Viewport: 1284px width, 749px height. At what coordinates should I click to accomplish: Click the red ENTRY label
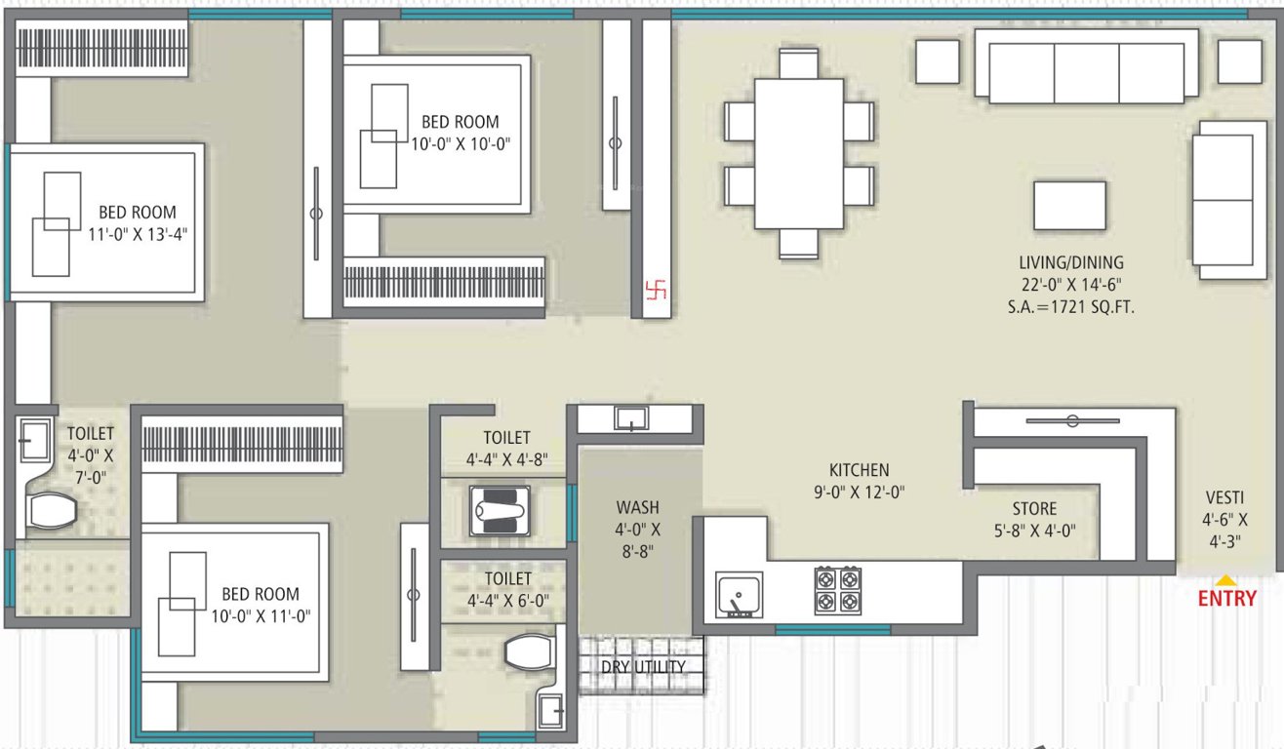tap(1226, 599)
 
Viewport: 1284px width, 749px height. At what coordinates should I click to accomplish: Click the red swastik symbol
tap(654, 291)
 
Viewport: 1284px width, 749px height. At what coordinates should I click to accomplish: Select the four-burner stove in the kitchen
tap(837, 590)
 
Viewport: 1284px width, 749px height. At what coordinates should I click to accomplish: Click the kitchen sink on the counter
tap(740, 595)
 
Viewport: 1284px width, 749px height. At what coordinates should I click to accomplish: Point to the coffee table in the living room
tap(1070, 205)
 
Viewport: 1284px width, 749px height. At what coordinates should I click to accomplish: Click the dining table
tap(799, 153)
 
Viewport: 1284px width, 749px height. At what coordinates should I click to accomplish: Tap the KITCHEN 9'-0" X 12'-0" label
tap(859, 481)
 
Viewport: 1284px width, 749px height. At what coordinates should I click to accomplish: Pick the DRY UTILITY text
tap(643, 667)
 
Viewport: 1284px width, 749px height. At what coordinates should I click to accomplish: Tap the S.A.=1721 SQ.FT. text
tap(1071, 306)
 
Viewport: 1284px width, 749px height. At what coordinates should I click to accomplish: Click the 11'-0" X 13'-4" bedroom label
tap(137, 222)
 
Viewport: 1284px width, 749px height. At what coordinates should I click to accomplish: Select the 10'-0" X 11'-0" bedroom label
tap(260, 605)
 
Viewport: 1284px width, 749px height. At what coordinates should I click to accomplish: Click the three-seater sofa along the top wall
tap(1086, 65)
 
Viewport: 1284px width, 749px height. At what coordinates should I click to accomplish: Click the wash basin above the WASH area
tap(631, 418)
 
